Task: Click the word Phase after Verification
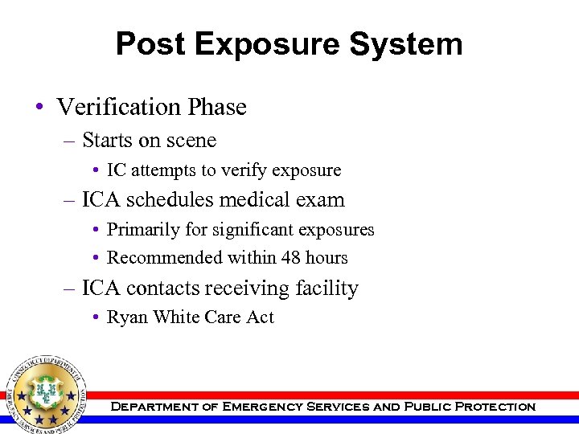[216, 107]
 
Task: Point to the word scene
[190, 141]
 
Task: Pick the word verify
[245, 171]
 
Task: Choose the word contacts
[168, 288]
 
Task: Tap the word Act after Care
[260, 317]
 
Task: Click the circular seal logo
[46, 392]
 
